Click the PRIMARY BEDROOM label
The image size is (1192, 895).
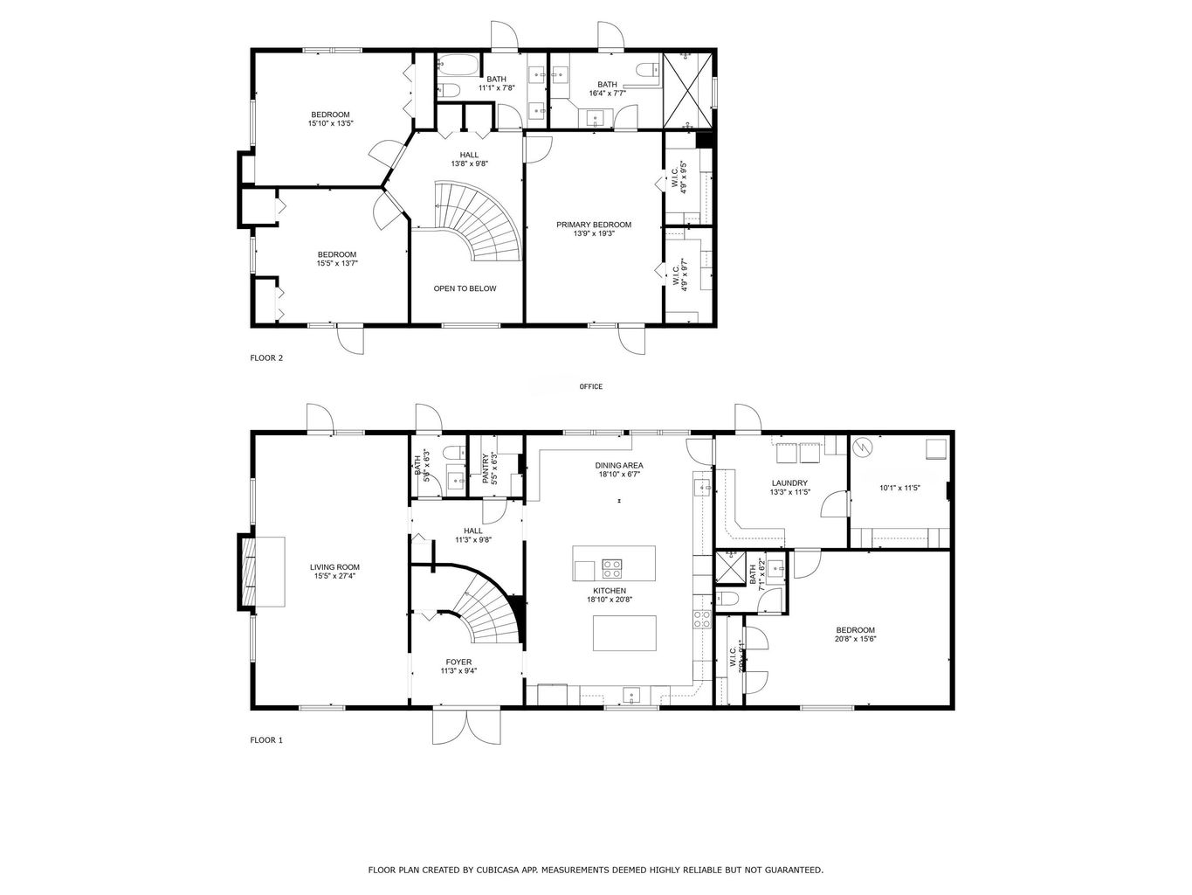click(594, 225)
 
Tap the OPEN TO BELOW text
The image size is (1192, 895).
click(465, 288)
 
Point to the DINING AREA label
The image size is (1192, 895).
click(620, 466)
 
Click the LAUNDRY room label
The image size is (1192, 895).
click(789, 482)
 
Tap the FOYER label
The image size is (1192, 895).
click(458, 662)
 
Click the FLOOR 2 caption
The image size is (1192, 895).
click(266, 357)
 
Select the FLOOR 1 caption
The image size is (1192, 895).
click(266, 740)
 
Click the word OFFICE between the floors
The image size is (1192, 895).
click(591, 386)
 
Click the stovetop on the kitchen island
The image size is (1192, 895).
click(611, 569)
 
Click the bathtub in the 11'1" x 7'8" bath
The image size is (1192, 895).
click(455, 65)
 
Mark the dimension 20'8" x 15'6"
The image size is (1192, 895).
click(855, 639)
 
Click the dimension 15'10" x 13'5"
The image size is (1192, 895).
click(330, 124)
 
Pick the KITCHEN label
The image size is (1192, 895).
click(608, 591)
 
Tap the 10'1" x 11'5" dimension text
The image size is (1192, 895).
click(899, 488)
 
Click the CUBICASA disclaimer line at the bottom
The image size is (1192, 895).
click(596, 870)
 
